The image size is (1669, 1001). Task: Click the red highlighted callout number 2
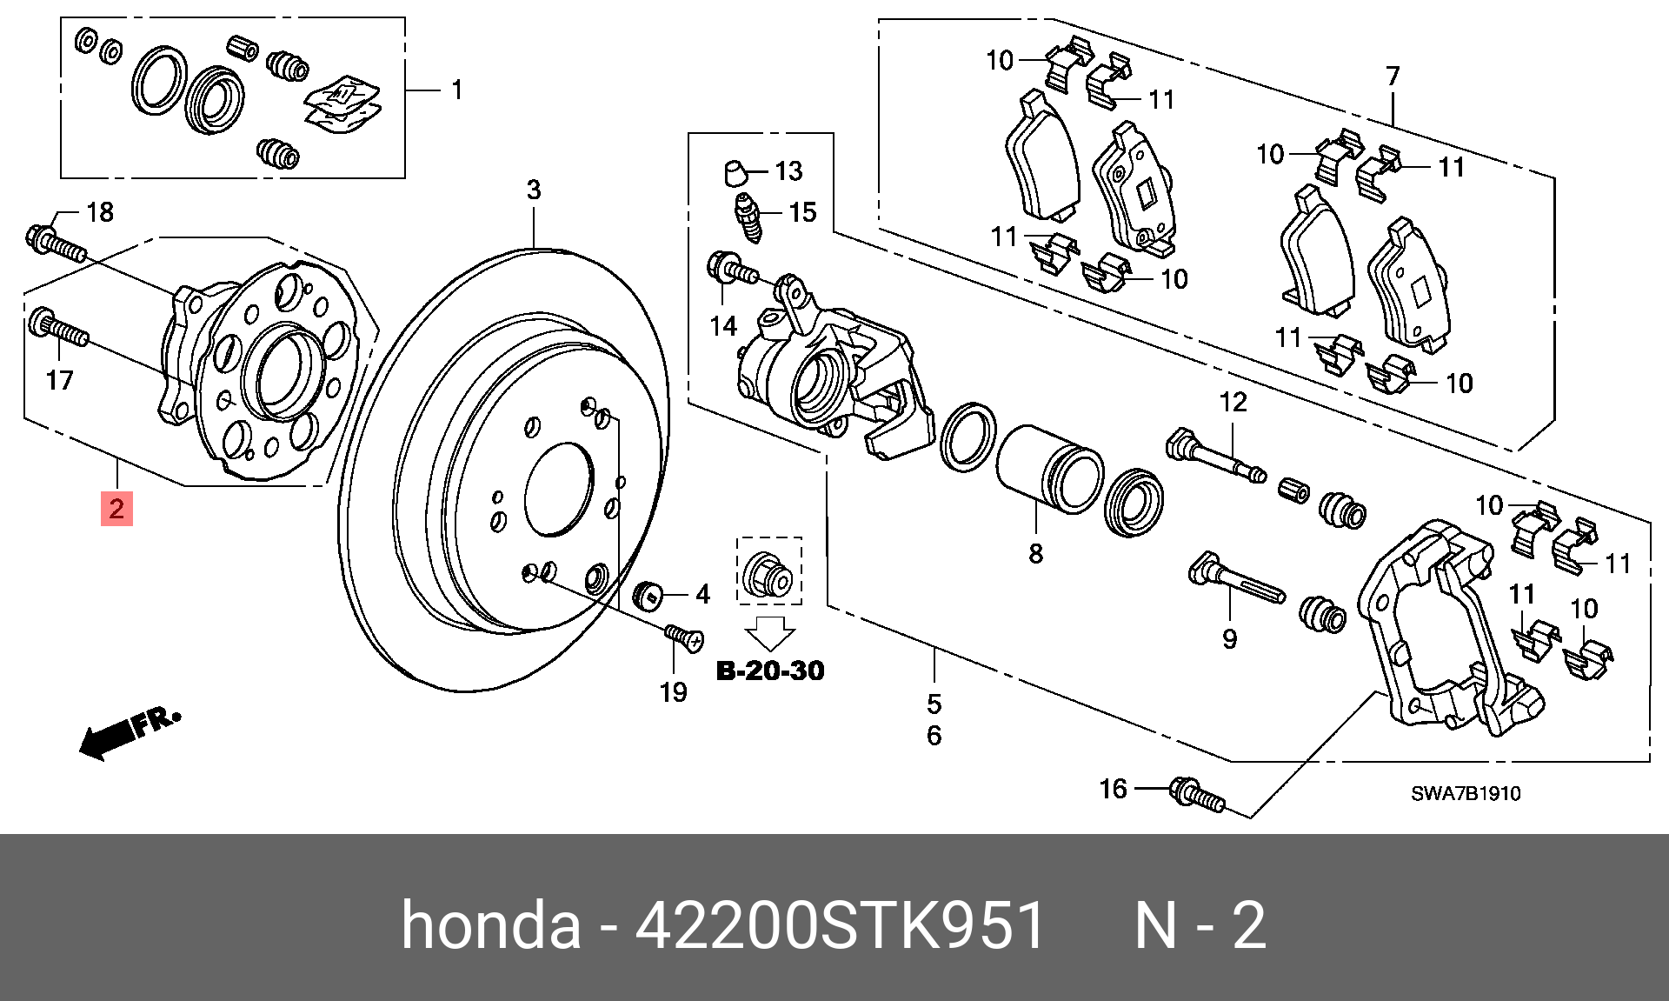click(x=116, y=509)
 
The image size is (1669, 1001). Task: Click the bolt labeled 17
click(x=59, y=329)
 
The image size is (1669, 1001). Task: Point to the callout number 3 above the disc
click(x=534, y=190)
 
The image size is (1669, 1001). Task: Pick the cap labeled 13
click(x=735, y=172)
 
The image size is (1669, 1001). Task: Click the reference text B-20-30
click(x=770, y=671)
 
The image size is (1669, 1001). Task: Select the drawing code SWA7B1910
click(x=1466, y=793)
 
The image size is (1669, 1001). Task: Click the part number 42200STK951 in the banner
click(x=840, y=925)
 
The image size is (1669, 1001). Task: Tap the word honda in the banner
click(x=490, y=925)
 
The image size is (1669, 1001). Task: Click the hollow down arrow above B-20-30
click(x=770, y=633)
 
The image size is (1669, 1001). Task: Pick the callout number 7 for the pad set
click(x=1393, y=77)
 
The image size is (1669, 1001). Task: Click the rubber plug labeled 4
click(x=647, y=595)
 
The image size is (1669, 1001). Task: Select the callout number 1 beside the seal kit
click(x=456, y=90)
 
